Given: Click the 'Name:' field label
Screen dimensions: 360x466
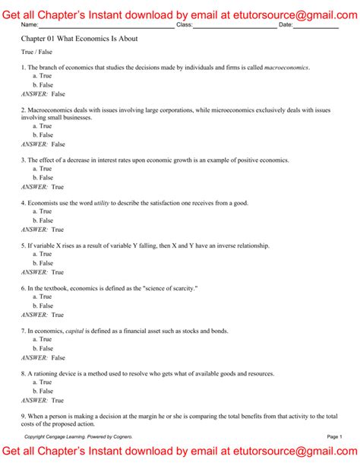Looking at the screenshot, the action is click(32, 25).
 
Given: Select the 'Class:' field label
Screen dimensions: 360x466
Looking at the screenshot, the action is click(184, 25).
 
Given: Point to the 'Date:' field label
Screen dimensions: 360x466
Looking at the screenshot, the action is click(286, 25).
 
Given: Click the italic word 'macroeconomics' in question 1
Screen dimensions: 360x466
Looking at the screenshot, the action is click(286, 68).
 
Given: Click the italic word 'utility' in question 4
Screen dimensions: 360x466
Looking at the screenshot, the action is click(103, 203).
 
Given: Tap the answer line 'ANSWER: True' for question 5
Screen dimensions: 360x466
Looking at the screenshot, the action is click(43, 272).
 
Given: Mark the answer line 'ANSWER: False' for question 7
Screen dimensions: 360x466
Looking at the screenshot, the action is click(43, 357).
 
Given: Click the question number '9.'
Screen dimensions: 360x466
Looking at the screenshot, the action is click(24, 416).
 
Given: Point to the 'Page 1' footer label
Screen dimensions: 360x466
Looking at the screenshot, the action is click(335, 437).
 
